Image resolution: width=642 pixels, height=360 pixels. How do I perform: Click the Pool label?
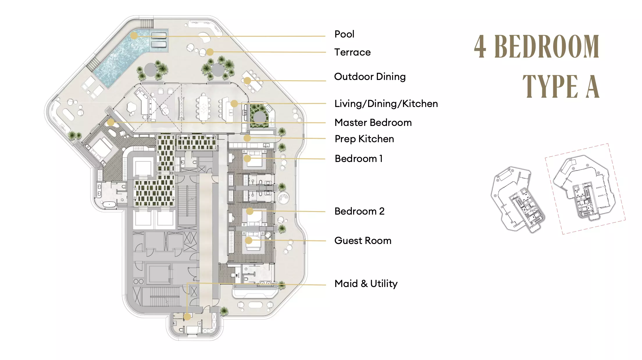click(x=344, y=34)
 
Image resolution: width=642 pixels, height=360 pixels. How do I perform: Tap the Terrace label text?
click(x=352, y=52)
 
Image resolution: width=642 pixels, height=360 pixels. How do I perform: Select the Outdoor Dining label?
click(x=370, y=77)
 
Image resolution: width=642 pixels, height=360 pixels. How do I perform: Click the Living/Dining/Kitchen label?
click(x=386, y=104)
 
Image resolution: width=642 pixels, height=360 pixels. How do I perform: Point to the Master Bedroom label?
click(x=373, y=123)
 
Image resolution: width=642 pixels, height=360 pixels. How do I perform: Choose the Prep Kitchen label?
click(x=364, y=139)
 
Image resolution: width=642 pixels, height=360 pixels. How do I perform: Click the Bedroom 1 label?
click(x=359, y=159)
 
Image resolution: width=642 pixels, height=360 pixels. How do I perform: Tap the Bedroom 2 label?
click(x=359, y=211)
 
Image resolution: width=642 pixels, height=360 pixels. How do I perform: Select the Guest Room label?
click(x=363, y=241)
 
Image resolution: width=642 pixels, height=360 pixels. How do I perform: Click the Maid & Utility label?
click(x=366, y=284)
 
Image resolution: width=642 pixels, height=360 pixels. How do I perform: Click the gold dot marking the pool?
click(x=134, y=35)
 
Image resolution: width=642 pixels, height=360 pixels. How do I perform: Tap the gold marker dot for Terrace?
click(x=210, y=52)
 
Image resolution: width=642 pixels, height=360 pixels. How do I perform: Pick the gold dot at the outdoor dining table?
click(x=247, y=81)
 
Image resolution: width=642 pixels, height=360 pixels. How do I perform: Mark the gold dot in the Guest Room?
click(x=249, y=240)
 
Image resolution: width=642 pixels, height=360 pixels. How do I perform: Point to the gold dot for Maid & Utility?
click(x=187, y=317)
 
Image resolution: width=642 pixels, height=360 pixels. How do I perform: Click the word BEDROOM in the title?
click(x=547, y=47)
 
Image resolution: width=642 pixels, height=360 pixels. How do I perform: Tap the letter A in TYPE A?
click(x=593, y=86)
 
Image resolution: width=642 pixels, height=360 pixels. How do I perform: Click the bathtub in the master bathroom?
click(x=110, y=204)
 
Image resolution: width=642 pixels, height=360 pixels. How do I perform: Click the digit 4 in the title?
click(x=480, y=47)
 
